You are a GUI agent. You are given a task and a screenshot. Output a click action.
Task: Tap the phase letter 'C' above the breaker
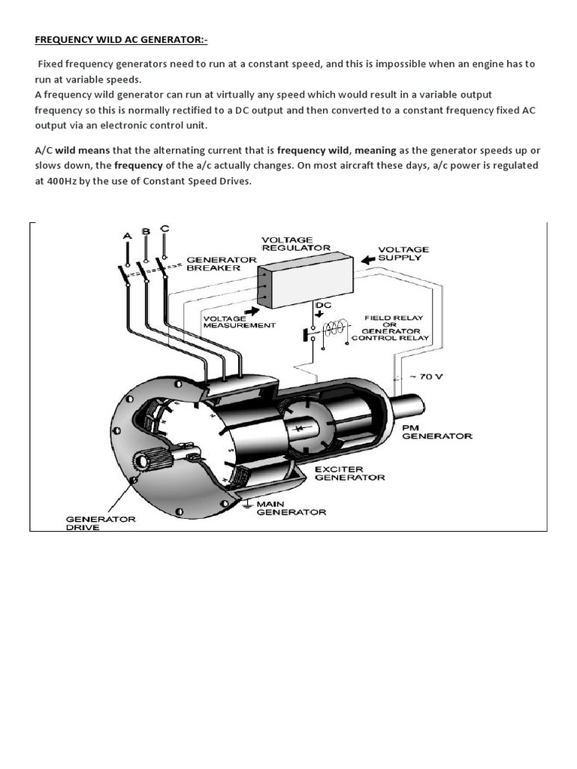[x=165, y=228]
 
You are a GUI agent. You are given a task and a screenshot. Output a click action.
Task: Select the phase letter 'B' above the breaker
[x=146, y=231]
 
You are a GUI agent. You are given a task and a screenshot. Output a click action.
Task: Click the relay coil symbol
[x=336, y=328]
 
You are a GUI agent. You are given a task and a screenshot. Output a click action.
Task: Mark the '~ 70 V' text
[x=426, y=377]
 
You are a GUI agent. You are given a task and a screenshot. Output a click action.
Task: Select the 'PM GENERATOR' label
[x=437, y=432]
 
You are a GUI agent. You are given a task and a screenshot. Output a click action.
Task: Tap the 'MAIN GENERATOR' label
[x=291, y=508]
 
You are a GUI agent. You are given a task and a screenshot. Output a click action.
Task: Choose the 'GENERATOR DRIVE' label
[x=101, y=523]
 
